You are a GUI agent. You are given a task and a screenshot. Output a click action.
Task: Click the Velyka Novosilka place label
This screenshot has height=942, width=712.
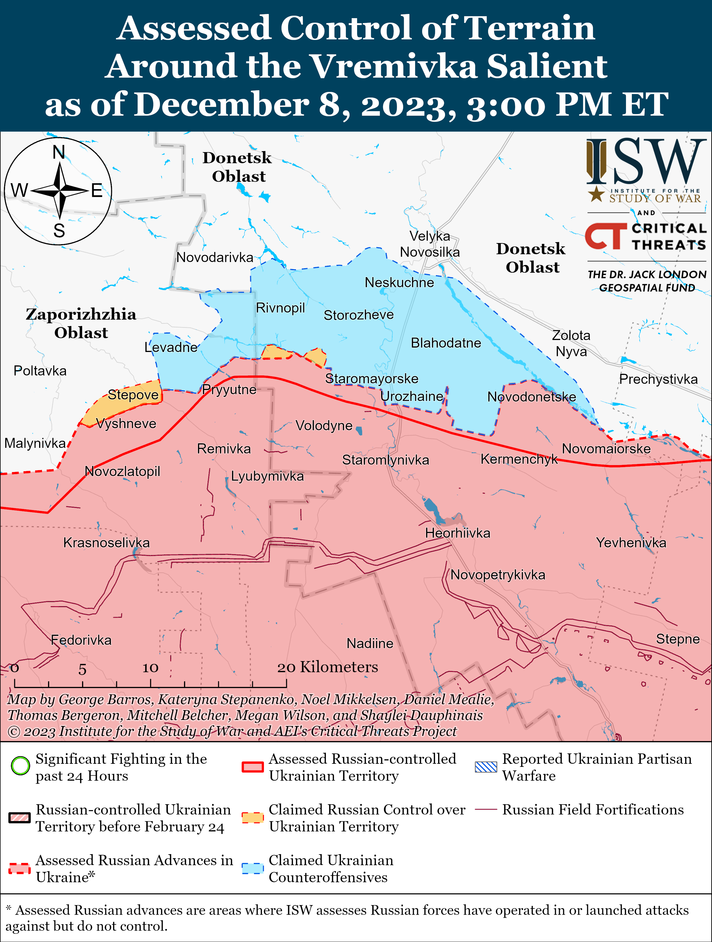point(430,244)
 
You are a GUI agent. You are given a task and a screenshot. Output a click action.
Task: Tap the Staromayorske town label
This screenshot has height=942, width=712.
point(372,378)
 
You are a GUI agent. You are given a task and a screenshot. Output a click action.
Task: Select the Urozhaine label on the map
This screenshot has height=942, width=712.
point(412,396)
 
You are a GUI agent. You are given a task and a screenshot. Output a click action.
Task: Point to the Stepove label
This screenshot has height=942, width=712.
point(133,394)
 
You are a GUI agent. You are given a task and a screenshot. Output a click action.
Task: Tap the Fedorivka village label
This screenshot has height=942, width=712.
point(81,640)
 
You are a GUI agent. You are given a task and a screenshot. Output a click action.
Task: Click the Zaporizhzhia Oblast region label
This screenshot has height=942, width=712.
point(81,323)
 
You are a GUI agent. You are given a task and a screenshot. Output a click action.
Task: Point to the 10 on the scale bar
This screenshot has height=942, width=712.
point(150,668)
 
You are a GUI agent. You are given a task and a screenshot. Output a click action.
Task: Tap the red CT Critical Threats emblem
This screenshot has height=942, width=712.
point(605,236)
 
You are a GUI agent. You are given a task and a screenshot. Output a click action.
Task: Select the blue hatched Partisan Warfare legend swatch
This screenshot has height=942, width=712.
point(486,767)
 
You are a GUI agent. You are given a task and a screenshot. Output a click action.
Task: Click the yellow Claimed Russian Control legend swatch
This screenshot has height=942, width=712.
point(252,818)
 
